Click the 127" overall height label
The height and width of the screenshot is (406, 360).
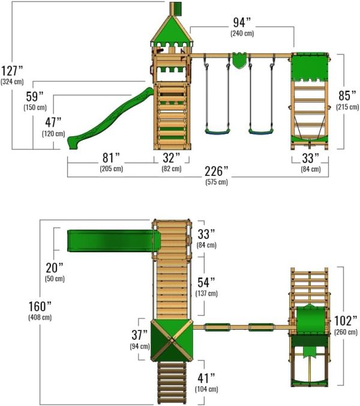pyautogui.click(x=12, y=71)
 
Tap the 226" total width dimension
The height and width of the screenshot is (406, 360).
pyautogui.click(x=217, y=171)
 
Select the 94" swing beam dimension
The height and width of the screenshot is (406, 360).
pyautogui.click(x=242, y=23)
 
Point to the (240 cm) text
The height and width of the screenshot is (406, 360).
pyautogui.click(x=242, y=34)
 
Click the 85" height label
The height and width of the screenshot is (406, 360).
pyautogui.click(x=347, y=95)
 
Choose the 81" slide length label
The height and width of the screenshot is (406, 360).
pyautogui.click(x=111, y=158)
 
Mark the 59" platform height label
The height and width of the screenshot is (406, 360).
pyautogui.click(x=35, y=97)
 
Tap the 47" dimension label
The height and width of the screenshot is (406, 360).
pyautogui.click(x=53, y=123)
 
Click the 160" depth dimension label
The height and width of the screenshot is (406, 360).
pyautogui.click(x=40, y=306)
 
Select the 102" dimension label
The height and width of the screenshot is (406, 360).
pyautogui.click(x=346, y=321)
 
